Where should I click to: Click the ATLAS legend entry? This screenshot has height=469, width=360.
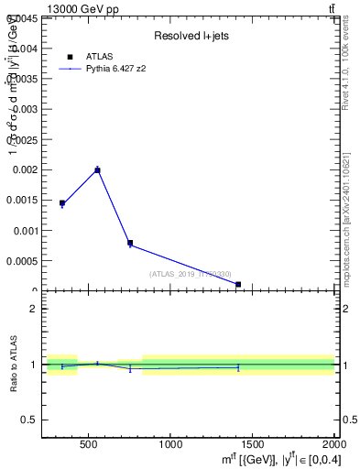pos(99,57)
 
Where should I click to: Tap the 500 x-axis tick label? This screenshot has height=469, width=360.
pos(89,445)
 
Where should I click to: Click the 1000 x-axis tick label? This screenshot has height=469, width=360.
pos(170,445)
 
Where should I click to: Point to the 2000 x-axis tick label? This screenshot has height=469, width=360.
pos(333,445)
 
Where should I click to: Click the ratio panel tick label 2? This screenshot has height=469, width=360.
pos(33,309)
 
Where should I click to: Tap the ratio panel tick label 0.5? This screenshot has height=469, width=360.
pos(29,420)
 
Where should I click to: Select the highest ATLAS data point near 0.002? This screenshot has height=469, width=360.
pos(97,169)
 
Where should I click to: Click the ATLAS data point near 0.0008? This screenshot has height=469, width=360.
pos(130,243)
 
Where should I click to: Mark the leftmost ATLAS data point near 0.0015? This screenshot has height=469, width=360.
pos(62,203)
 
